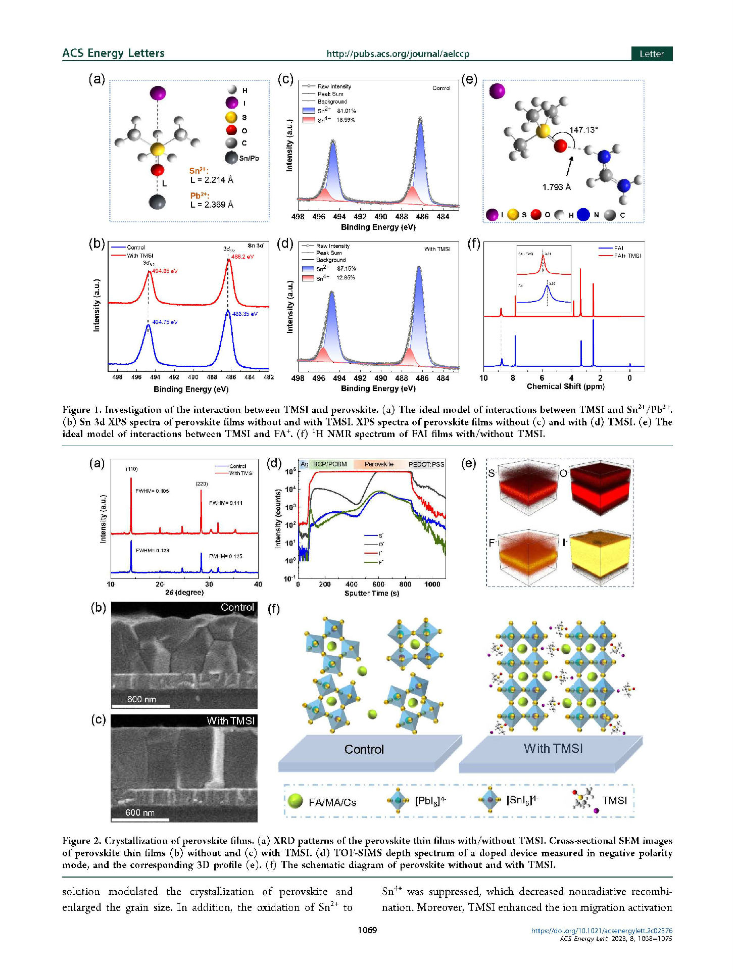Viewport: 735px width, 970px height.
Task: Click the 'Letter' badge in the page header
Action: [x=651, y=54]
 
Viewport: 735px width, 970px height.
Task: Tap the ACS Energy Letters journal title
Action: [x=113, y=53]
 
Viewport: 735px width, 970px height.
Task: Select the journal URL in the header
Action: [x=398, y=54]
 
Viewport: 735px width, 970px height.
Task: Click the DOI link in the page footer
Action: [x=601, y=930]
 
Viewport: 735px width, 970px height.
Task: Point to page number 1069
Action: [x=367, y=930]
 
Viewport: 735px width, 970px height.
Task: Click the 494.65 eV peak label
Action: [x=165, y=271]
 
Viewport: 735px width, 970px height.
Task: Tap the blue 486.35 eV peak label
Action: [x=244, y=314]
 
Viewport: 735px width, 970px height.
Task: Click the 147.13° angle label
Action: [x=583, y=130]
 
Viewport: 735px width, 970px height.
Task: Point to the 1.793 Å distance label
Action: [x=556, y=187]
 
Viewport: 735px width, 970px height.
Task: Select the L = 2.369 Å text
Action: [x=212, y=205]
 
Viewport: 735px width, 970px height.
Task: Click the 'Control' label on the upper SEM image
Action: [x=237, y=607]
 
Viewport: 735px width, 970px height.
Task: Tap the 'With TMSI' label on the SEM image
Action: [x=231, y=720]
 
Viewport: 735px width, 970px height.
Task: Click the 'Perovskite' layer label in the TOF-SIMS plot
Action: [x=379, y=464]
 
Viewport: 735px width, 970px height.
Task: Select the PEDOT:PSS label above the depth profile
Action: [x=426, y=464]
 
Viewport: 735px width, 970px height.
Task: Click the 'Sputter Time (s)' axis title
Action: [x=371, y=593]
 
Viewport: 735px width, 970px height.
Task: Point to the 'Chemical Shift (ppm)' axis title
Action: [x=565, y=386]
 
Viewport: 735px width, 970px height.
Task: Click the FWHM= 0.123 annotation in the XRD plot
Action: [x=152, y=551]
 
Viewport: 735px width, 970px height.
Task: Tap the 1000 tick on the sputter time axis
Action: [x=432, y=584]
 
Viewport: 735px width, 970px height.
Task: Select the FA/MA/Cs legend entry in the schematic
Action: [x=332, y=802]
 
